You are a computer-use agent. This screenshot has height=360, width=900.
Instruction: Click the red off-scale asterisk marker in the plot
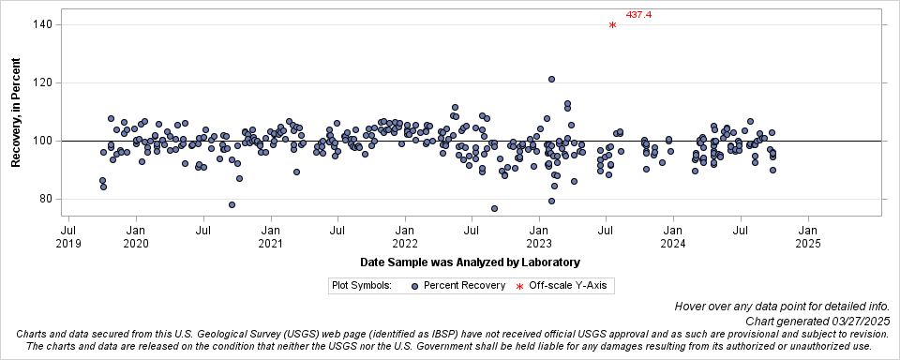[612, 25]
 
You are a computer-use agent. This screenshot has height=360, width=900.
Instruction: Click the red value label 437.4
[638, 15]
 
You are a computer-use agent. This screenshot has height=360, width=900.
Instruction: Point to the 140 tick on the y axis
[42, 24]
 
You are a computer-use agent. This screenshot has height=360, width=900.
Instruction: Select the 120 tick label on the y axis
[42, 82]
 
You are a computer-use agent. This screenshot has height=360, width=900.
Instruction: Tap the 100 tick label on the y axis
[42, 141]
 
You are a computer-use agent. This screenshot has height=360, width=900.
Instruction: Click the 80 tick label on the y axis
[45, 199]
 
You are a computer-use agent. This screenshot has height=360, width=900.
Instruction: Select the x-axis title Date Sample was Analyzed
[469, 262]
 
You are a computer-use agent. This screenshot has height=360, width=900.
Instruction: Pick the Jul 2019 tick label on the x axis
[68, 236]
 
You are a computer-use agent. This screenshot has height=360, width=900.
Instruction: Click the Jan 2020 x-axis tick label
[136, 236]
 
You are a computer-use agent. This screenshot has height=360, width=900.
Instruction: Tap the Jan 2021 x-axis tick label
[270, 236]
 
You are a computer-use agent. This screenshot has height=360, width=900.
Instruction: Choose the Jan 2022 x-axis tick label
[405, 236]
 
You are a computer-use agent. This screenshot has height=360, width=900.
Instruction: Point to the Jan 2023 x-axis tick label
[539, 236]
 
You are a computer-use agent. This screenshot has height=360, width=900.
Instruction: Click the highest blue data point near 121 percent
[551, 80]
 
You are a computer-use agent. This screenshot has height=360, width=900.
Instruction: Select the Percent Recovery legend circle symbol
[414, 285]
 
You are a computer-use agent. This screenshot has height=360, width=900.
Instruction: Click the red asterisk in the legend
[519, 286]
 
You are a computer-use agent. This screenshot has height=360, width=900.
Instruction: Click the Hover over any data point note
[787, 306]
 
